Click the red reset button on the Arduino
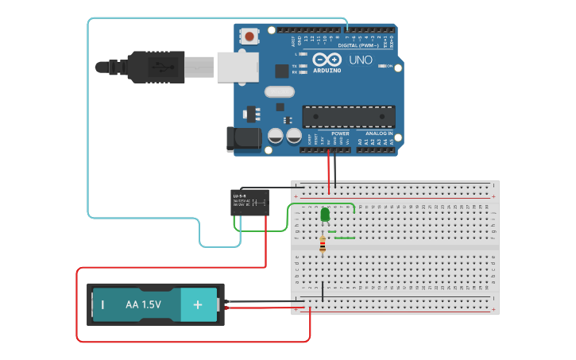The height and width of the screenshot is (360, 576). [250, 36]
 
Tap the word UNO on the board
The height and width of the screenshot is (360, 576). [361, 60]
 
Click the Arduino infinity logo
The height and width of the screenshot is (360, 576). [327, 60]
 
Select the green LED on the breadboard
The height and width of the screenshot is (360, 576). [324, 215]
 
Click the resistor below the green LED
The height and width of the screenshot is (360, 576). [322, 246]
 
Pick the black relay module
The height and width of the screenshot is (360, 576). [249, 203]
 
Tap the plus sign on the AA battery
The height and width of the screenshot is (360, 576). [199, 304]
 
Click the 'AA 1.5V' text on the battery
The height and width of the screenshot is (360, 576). [143, 304]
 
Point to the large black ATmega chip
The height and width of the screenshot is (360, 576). [349, 117]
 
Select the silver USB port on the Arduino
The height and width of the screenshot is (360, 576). [238, 67]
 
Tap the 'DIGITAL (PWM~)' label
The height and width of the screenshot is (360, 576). [358, 45]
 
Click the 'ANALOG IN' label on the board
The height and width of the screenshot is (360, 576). [379, 134]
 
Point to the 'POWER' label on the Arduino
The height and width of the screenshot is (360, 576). [340, 134]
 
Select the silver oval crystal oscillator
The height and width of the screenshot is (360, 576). [280, 91]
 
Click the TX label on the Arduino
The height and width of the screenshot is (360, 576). [295, 66]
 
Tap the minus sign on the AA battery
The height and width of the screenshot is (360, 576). [102, 304]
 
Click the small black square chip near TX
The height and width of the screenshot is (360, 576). [281, 71]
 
